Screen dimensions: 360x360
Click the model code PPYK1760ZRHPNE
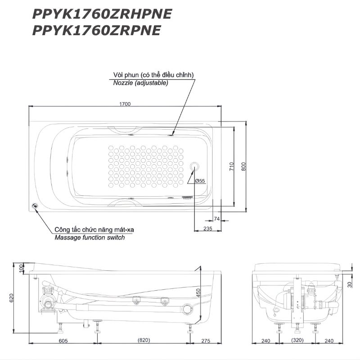click(102, 14)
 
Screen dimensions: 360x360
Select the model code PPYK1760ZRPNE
click(96, 30)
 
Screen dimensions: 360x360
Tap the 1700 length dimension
click(125, 104)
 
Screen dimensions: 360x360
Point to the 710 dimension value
click(231, 166)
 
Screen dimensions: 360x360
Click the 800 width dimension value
click(243, 166)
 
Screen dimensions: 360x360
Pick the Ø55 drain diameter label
click(200, 181)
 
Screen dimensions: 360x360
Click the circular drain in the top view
click(194, 166)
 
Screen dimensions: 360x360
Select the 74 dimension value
click(217, 219)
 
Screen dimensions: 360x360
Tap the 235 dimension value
click(208, 229)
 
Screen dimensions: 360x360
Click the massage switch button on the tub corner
click(35, 206)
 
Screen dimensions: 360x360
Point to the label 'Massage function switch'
click(90, 238)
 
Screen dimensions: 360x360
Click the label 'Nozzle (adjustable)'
click(140, 83)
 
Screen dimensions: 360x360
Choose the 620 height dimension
click(12, 298)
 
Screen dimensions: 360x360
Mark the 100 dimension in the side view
click(21, 268)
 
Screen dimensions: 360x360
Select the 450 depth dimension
click(198, 293)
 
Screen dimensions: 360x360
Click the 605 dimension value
click(63, 341)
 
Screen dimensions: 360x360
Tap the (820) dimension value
click(144, 340)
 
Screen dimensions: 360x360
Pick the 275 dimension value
click(206, 341)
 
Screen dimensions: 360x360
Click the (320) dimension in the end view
click(297, 340)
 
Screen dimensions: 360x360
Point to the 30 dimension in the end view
click(350, 285)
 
